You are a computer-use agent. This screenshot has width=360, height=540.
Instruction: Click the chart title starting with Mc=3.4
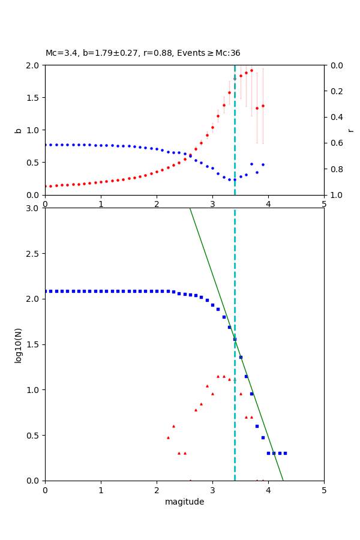[x=143, y=53]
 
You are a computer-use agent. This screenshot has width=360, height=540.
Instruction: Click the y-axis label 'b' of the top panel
[x=18, y=130]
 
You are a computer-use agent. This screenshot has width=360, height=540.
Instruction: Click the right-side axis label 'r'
[x=350, y=130]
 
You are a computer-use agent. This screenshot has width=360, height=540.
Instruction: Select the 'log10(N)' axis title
[x=18, y=344]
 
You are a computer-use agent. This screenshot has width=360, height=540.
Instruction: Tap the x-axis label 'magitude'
[x=184, y=502]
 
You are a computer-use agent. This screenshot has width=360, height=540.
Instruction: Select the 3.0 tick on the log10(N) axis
[x=34, y=208]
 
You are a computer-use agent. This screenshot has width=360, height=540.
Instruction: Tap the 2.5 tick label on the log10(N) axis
[x=34, y=254]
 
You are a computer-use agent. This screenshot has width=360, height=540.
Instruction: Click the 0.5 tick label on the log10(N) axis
[x=34, y=436]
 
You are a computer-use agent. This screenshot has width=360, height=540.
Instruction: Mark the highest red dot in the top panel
[x=251, y=70]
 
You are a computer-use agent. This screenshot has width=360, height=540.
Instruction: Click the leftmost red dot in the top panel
[x=46, y=186]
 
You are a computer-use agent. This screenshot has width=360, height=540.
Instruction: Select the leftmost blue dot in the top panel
[x=46, y=145]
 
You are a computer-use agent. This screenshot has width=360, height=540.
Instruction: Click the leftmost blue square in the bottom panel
[x=46, y=291]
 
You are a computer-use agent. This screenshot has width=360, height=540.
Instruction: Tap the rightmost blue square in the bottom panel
[x=285, y=453]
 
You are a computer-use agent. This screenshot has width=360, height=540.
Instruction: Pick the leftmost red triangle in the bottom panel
[x=168, y=437]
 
